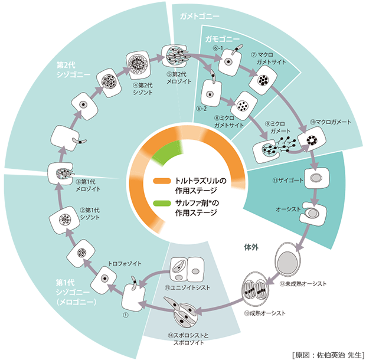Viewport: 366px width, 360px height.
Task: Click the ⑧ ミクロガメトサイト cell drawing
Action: tap(243, 106)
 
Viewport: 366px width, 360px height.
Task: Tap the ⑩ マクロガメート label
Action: tap(334, 122)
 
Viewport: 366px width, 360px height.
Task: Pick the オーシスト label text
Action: tap(289, 209)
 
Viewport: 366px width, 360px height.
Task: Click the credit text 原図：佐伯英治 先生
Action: tap(326, 354)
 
